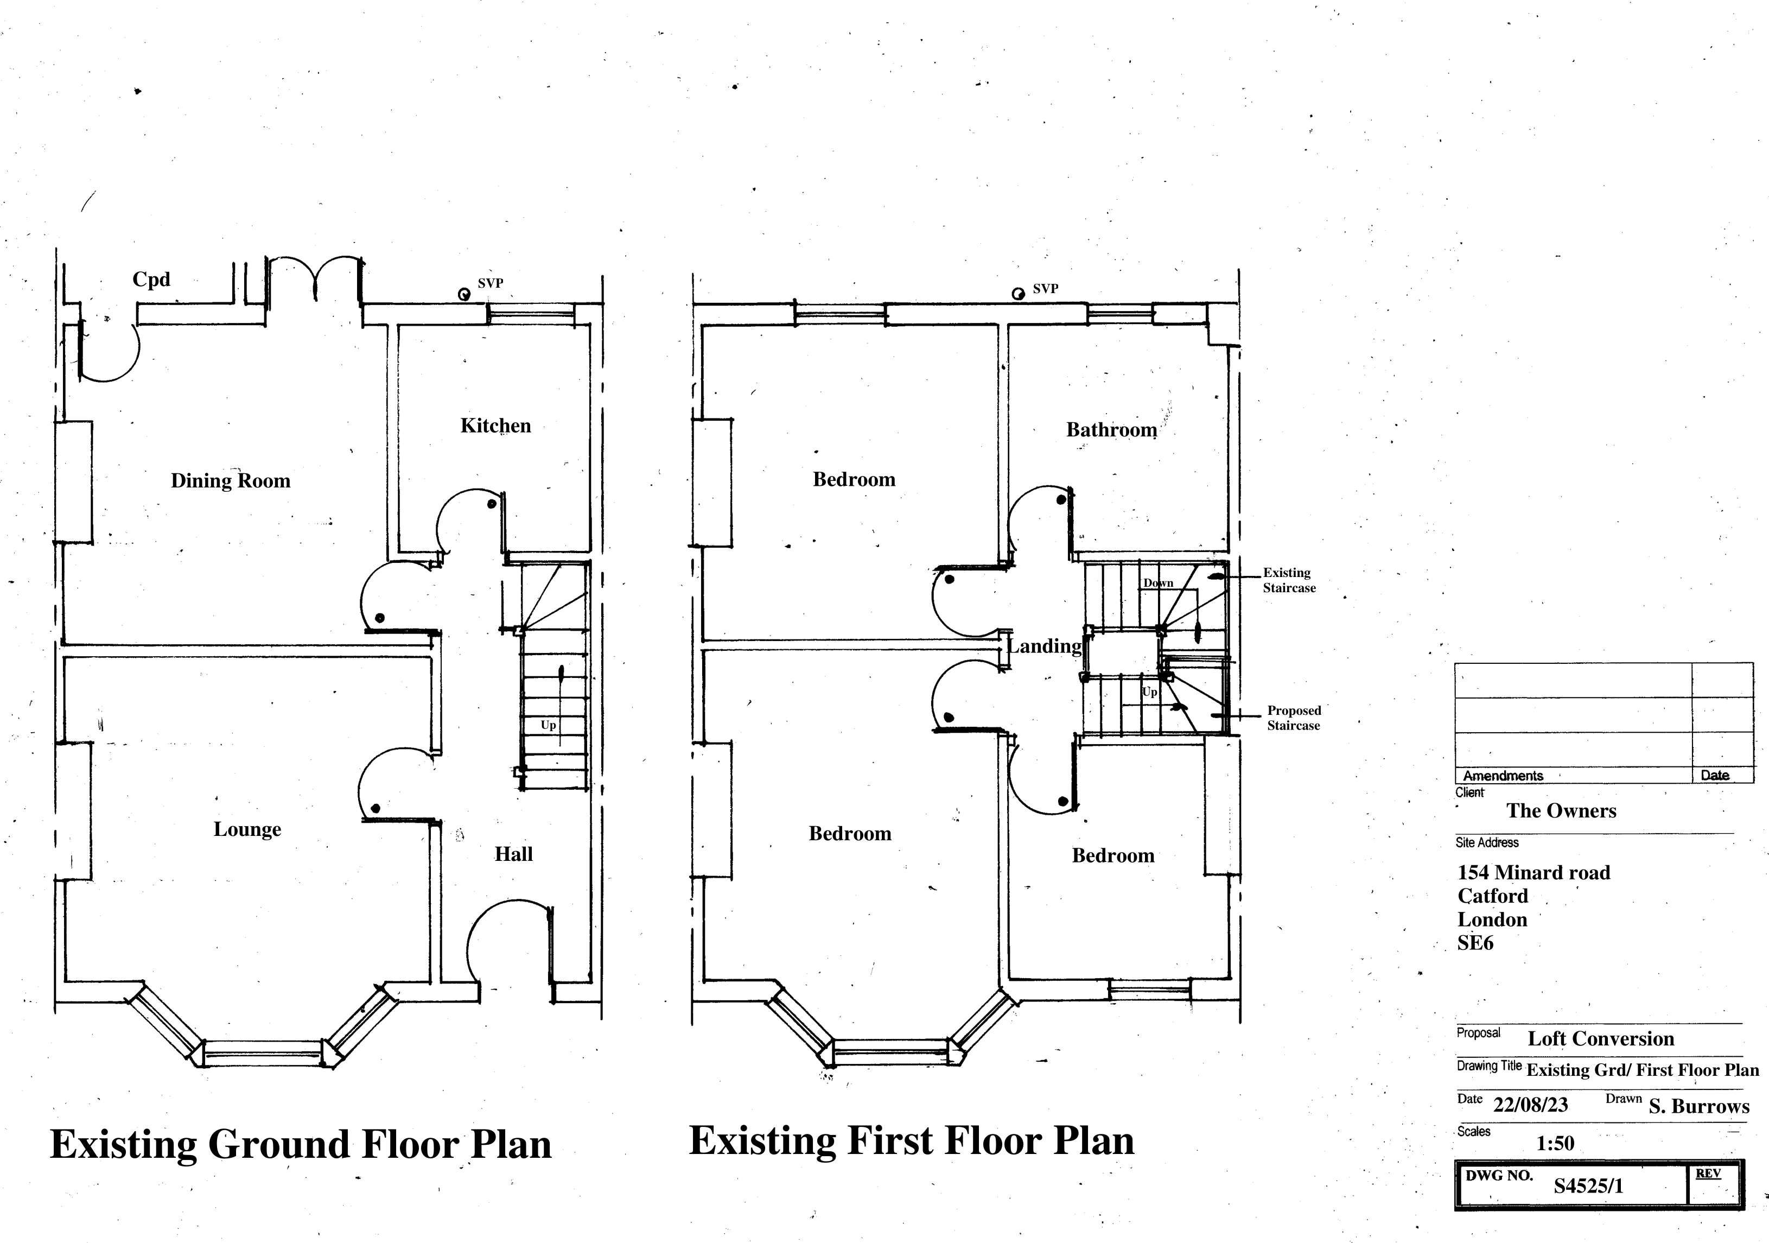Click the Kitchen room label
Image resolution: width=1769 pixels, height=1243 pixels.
pos(495,426)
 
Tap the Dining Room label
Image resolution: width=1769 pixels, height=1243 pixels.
pos(231,481)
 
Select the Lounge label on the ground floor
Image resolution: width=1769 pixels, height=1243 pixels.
pos(247,829)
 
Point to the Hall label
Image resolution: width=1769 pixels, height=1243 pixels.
pos(514,854)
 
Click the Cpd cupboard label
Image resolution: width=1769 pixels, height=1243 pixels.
pos(151,279)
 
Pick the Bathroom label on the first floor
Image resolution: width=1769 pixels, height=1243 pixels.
pos(1112,430)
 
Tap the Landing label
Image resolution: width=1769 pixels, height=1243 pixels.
pos(1045,646)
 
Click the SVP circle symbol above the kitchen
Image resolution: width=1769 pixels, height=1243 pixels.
pos(464,294)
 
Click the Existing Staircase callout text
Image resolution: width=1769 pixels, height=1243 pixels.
pos(1289,580)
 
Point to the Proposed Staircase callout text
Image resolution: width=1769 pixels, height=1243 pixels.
pos(1294,718)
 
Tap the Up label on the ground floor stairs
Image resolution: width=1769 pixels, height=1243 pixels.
pos(549,725)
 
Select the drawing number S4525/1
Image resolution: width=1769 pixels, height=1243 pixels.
pos(1588,1186)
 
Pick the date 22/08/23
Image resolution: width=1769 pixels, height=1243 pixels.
pos(1530,1105)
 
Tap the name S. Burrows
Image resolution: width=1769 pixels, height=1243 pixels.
pos(1699,1107)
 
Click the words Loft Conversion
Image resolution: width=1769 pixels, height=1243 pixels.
pos(1601,1039)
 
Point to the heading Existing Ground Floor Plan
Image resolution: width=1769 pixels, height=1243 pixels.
pos(301,1144)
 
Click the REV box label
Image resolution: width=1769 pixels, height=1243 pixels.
pos(1708,1173)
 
